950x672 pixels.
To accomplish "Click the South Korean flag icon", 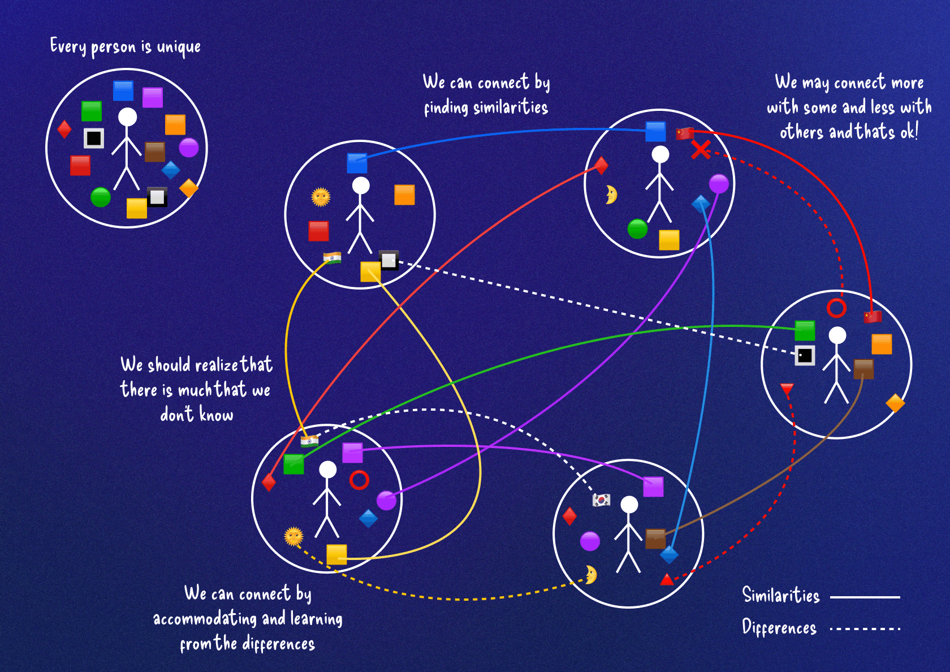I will click(x=601, y=500).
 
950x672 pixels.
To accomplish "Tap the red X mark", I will click(x=701, y=150).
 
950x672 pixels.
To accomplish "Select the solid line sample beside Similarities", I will click(x=865, y=597).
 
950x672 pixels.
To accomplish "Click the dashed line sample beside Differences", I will click(x=865, y=628).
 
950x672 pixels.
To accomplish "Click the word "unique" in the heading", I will click(x=179, y=48).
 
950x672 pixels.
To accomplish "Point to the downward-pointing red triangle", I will click(x=787, y=389).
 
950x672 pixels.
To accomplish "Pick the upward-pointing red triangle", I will click(x=667, y=579).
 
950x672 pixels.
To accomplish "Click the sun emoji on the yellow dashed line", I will click(x=293, y=536).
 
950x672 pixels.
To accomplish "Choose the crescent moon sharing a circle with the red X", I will click(x=611, y=195).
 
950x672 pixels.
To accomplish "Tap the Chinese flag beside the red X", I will click(x=685, y=133).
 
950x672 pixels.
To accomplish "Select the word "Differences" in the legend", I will click(x=779, y=628).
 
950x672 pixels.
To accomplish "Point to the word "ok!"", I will click(x=909, y=132).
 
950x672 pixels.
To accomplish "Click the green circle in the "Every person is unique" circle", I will click(x=101, y=197).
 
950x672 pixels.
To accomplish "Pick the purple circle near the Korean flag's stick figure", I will click(x=590, y=541).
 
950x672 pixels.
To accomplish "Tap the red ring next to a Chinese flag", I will click(x=836, y=308).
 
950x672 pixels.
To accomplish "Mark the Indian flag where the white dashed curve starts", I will click(x=309, y=441).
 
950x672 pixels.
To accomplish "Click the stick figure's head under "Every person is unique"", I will click(x=127, y=117).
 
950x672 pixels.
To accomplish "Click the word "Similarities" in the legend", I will click(x=781, y=596).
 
